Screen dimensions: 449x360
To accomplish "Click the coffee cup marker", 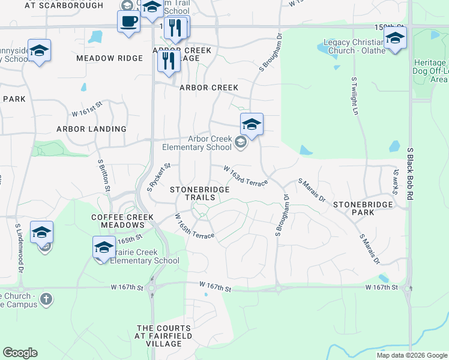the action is pyautogui.click(x=128, y=23).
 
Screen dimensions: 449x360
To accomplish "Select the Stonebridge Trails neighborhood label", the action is pyautogui.click(x=199, y=193).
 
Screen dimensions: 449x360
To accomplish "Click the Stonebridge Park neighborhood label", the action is pyautogui.click(x=363, y=208).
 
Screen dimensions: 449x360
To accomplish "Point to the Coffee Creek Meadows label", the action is pyautogui.click(x=118, y=221).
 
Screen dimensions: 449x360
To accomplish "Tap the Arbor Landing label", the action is pyautogui.click(x=91, y=129).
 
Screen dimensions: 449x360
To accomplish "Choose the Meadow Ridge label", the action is pyautogui.click(x=110, y=58).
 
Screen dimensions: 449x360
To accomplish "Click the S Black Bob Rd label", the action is pyautogui.click(x=411, y=174).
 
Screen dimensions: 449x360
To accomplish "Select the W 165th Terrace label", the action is pyautogui.click(x=194, y=226).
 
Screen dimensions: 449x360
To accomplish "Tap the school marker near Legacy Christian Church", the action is pyautogui.click(x=395, y=39).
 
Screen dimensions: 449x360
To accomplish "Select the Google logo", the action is pyautogui.click(x=20, y=353).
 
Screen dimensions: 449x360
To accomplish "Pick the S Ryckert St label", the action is pyautogui.click(x=159, y=177).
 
